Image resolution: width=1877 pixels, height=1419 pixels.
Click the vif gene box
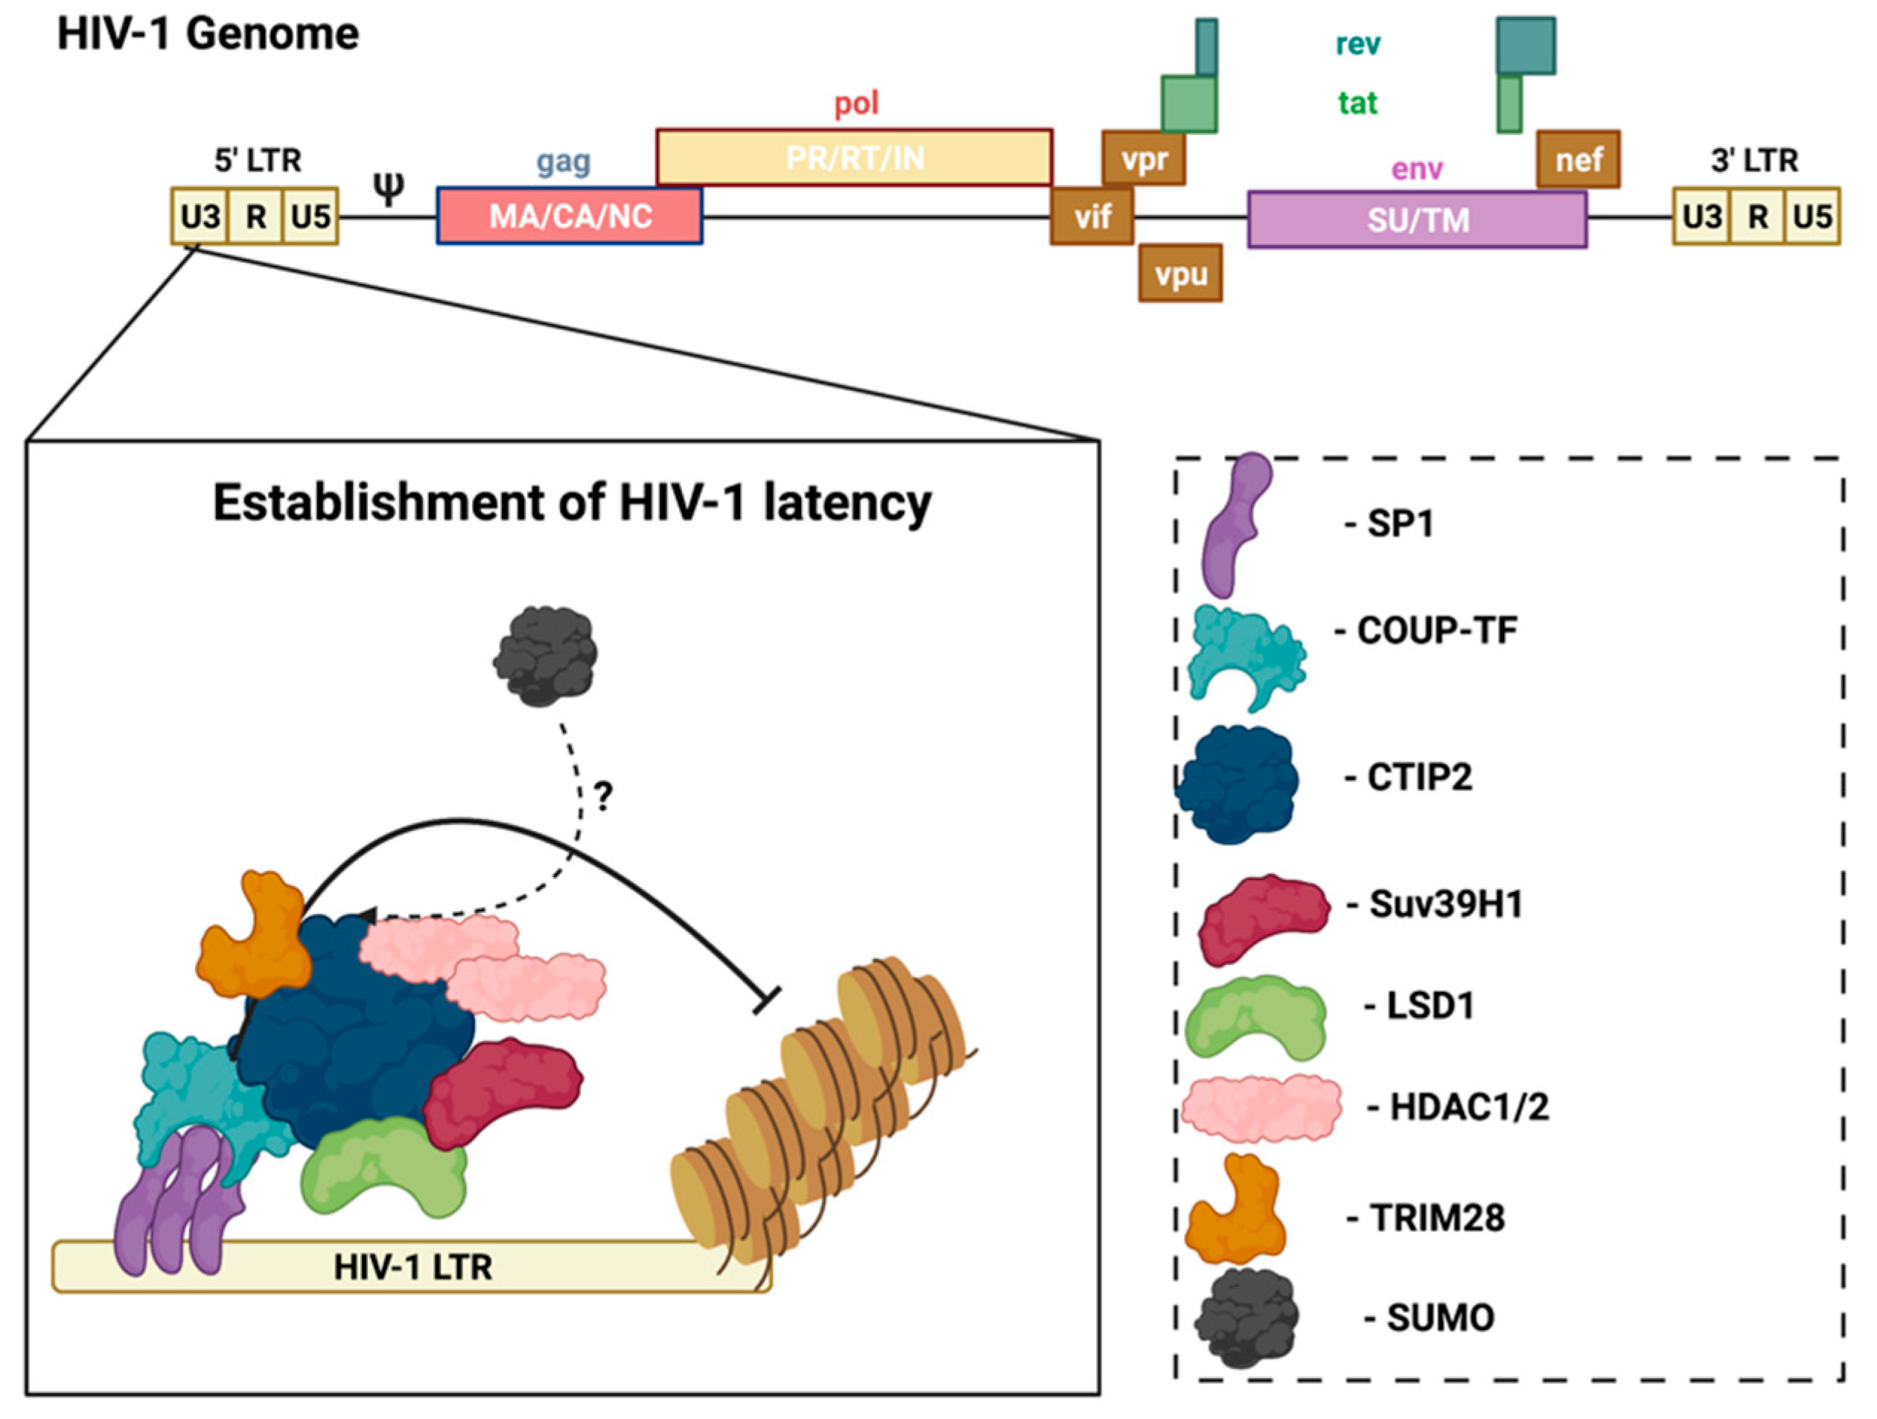(1092, 217)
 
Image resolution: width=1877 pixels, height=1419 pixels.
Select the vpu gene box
(1180, 273)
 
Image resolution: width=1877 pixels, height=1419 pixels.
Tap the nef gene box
(1578, 159)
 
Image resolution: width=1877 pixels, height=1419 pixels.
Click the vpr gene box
(1143, 159)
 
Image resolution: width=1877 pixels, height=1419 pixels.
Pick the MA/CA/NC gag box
(570, 217)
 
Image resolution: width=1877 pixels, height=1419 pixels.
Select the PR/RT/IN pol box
(855, 158)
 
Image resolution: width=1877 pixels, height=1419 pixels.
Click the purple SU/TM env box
(1416, 220)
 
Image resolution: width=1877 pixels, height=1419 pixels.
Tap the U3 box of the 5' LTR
(200, 217)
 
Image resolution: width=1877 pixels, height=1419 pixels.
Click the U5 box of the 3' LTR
(1811, 217)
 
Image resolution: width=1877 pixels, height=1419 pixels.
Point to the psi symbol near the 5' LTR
(389, 188)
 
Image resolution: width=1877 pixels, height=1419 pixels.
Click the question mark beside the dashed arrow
(602, 796)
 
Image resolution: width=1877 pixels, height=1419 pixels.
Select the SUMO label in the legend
(1440, 1317)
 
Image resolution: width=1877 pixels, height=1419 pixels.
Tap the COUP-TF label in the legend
(1435, 631)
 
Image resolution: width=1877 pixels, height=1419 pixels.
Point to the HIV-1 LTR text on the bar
(412, 1267)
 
